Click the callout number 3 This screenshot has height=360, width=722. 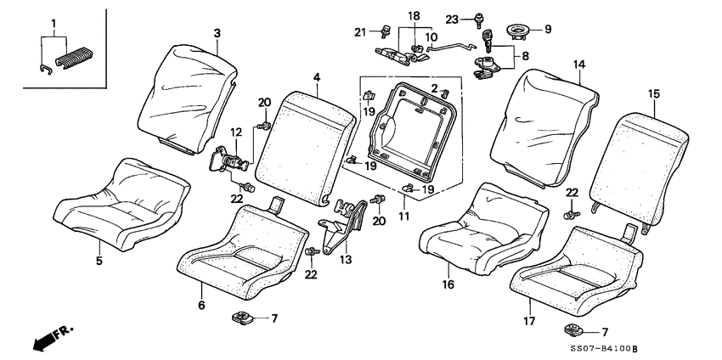(x=217, y=33)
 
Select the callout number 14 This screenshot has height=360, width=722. (x=578, y=65)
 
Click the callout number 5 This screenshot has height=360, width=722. (x=99, y=261)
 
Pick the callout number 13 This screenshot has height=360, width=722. (x=345, y=260)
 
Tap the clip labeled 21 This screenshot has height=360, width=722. (x=383, y=33)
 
